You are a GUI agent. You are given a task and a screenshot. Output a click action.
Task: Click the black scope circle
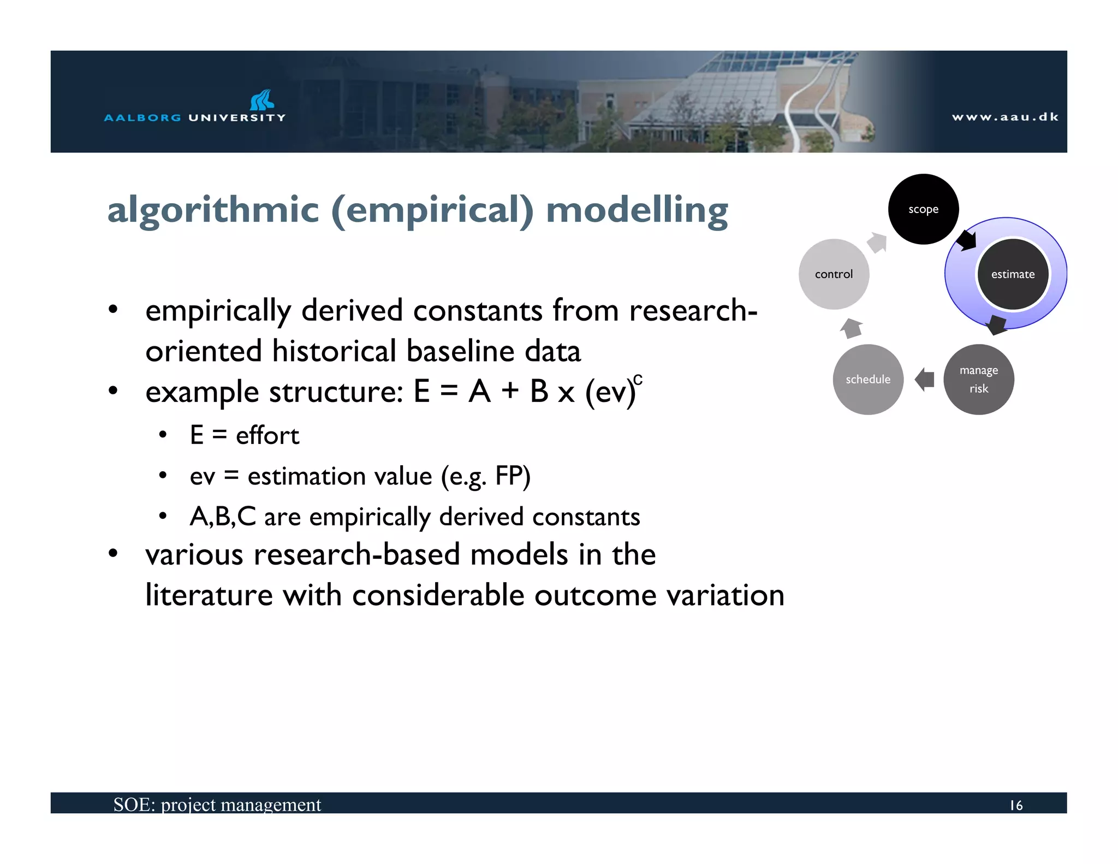[x=923, y=209]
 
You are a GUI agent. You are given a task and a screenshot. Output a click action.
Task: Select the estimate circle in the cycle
[x=1013, y=274]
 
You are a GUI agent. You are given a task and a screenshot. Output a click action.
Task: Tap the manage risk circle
[x=979, y=380]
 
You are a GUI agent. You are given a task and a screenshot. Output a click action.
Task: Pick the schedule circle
[x=868, y=380]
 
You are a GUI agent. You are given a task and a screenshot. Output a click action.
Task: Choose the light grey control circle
[x=834, y=274]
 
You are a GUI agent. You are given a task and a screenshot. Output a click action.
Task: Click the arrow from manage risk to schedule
[x=924, y=379]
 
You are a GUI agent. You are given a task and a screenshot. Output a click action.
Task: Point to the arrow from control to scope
[x=878, y=242]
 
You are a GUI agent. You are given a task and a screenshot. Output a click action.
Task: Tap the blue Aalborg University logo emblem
[x=262, y=100]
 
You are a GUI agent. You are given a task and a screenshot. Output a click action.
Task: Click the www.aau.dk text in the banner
[x=1005, y=117]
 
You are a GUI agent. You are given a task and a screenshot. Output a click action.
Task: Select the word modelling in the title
[x=637, y=210]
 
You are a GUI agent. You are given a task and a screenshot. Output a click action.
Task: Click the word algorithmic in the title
[x=213, y=210]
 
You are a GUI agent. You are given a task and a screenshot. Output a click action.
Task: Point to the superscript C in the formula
[x=638, y=380]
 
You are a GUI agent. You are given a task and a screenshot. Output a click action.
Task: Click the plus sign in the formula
[x=510, y=391]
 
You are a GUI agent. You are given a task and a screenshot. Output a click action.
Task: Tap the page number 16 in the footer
[x=1016, y=805]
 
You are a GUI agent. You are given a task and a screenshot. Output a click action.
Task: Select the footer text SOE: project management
[x=217, y=804]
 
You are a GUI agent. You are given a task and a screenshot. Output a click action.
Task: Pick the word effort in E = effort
[x=267, y=435]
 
